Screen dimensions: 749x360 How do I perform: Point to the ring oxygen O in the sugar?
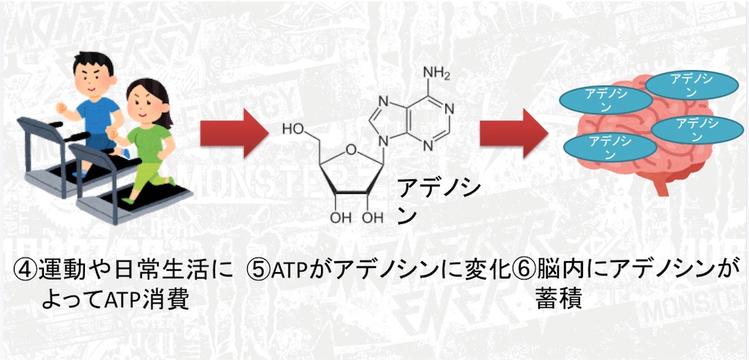[351, 151]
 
